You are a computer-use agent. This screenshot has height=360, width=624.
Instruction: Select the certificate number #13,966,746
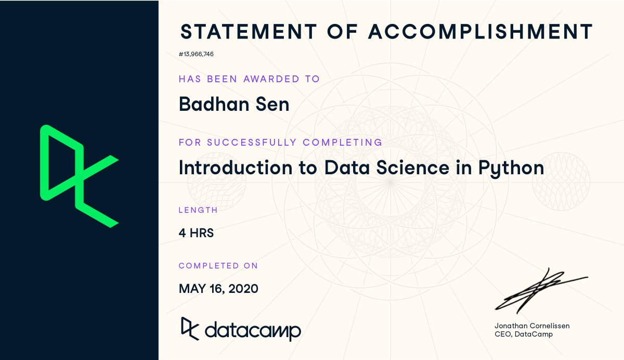tap(197, 54)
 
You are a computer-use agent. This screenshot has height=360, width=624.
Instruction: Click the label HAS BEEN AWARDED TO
tap(249, 79)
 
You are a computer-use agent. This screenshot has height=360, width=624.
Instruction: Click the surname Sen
tap(274, 104)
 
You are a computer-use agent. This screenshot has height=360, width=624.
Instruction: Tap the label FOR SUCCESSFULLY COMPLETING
tap(280, 143)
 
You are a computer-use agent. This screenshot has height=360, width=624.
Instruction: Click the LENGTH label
tap(198, 210)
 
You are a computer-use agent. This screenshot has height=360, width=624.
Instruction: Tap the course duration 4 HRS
tap(196, 233)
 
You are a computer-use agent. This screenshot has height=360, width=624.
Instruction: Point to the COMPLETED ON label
tap(218, 266)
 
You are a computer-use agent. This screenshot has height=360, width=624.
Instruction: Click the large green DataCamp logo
tap(79, 176)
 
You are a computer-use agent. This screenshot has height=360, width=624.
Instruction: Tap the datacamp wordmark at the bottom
tap(253, 330)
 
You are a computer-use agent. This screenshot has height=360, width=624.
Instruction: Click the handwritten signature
tap(538, 290)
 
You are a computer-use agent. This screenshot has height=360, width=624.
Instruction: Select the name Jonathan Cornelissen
tap(532, 326)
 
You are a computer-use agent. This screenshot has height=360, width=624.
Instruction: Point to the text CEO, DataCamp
tap(524, 334)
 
